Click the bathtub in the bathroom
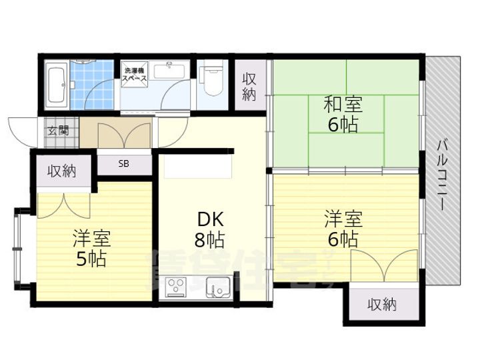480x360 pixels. (x=56, y=85)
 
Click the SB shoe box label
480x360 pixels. (x=125, y=164)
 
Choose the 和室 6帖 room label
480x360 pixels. (x=343, y=114)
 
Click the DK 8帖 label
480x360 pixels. (x=209, y=229)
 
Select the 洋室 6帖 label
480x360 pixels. (x=343, y=229)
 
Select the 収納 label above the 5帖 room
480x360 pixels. (x=61, y=171)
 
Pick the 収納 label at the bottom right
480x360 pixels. (x=382, y=305)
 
